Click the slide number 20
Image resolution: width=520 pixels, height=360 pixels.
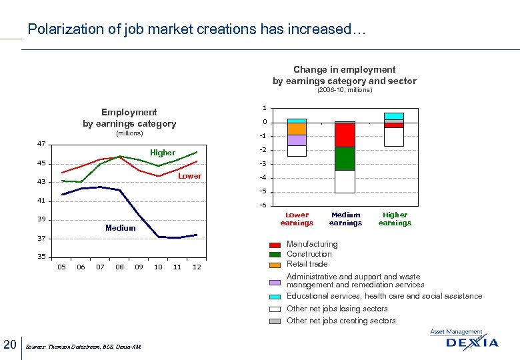pyautogui.click(x=9, y=344)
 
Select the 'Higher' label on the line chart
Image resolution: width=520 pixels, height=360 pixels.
pyautogui.click(x=163, y=153)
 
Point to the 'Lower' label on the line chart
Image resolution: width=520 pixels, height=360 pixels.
pyautogui.click(x=189, y=176)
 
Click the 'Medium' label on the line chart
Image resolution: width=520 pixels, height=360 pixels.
pyautogui.click(x=120, y=228)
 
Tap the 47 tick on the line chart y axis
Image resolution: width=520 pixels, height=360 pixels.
pyautogui.click(x=41, y=144)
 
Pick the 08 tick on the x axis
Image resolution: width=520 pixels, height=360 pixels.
pyautogui.click(x=119, y=267)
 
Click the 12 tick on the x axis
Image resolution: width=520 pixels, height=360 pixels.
pyautogui.click(x=197, y=267)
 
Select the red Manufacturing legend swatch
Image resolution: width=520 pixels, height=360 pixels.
pyautogui.click(x=275, y=245)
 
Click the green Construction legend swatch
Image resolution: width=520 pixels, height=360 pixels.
pyautogui.click(x=275, y=255)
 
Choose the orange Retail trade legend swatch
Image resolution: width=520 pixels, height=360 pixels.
pyautogui.click(x=275, y=265)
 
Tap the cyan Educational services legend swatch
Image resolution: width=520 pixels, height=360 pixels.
pyautogui.click(x=275, y=297)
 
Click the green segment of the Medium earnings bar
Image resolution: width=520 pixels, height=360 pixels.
pyautogui.click(x=345, y=158)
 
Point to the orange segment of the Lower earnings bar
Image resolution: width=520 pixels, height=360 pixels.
pyautogui.click(x=297, y=129)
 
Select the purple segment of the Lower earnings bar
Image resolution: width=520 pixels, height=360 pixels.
pyautogui.click(x=297, y=140)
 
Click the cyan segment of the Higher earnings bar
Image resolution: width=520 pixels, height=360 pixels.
pyautogui.click(x=394, y=116)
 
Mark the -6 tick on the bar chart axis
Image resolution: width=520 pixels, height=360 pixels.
pyautogui.click(x=264, y=205)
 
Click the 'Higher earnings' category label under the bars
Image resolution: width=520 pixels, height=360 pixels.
pyautogui.click(x=395, y=219)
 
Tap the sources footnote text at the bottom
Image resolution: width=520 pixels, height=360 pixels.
pyautogui.click(x=83, y=347)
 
